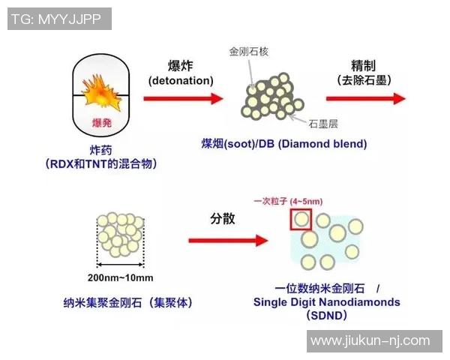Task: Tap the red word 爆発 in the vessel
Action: tap(102, 121)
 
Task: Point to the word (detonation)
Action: tap(181, 79)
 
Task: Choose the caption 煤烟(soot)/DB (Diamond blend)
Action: tap(283, 143)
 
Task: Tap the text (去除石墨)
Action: tap(367, 79)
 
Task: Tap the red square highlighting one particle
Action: tap(301, 220)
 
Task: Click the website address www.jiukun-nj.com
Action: tap(370, 341)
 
